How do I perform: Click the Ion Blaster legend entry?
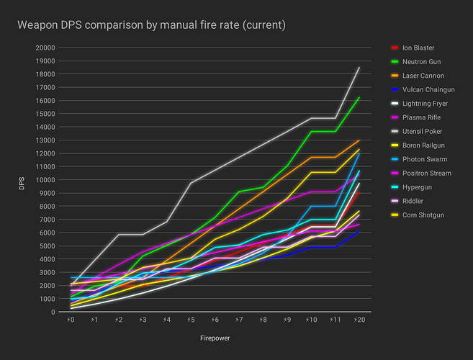418,48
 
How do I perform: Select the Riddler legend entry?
412,201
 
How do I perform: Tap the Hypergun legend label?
415,187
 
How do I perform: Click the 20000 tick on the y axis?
44,48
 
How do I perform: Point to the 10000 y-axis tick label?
44,180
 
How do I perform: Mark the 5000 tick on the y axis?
46,246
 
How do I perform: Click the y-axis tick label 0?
53,312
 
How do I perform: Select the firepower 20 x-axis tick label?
358,319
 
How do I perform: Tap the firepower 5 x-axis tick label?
191,319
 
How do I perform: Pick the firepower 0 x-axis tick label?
71,319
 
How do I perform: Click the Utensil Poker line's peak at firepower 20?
359,68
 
